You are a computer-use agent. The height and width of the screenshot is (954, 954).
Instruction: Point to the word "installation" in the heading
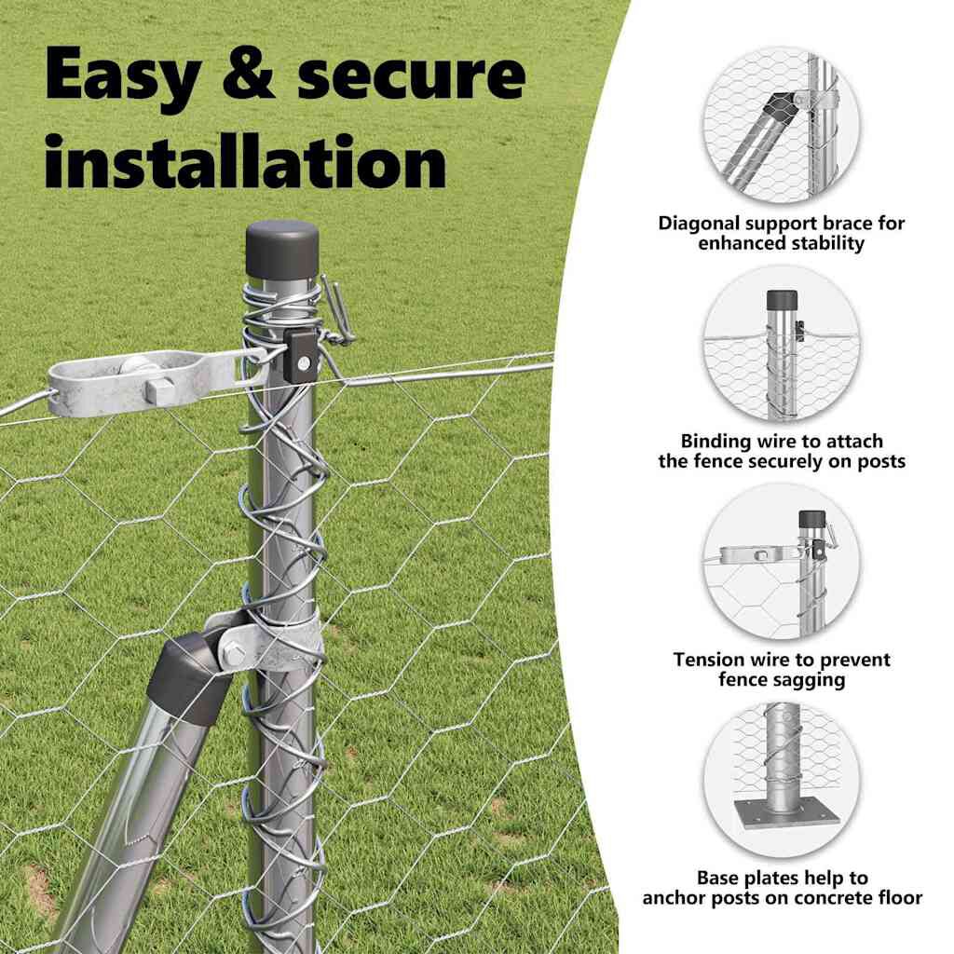[x=245, y=162]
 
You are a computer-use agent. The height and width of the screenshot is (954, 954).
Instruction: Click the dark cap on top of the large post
[x=282, y=249]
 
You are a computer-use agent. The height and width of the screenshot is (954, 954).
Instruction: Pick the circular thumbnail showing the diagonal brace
[x=782, y=126]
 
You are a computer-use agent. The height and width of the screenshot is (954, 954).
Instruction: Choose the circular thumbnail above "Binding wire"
[x=782, y=344]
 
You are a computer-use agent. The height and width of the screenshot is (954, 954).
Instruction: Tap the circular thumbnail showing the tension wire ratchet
[x=782, y=562]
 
